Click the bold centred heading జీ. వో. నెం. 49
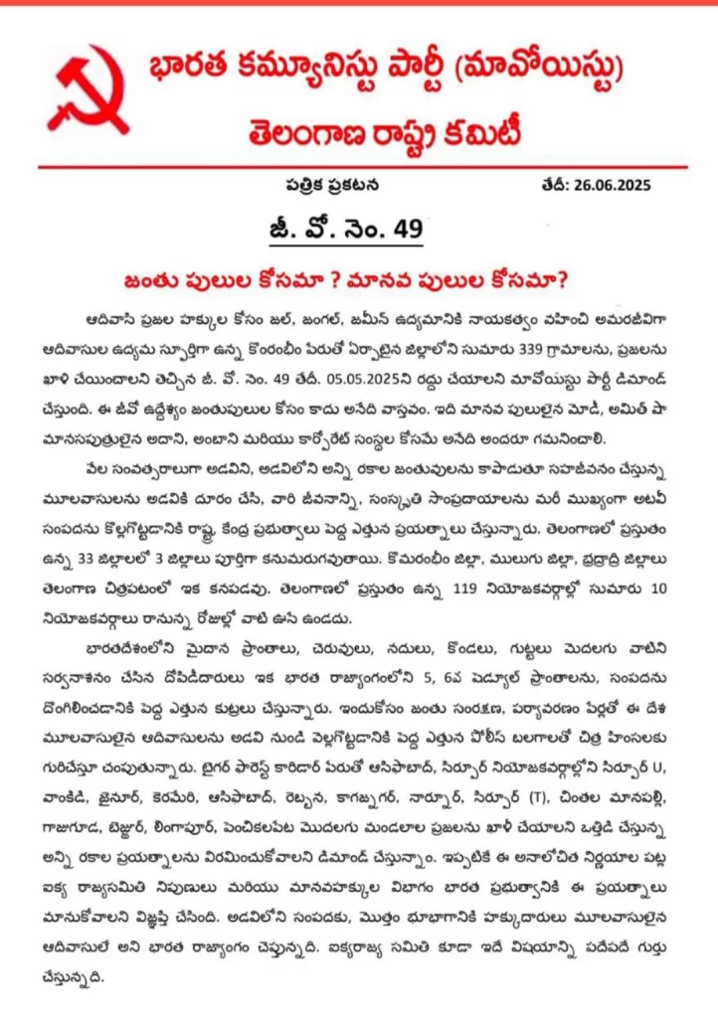pos(360,231)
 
